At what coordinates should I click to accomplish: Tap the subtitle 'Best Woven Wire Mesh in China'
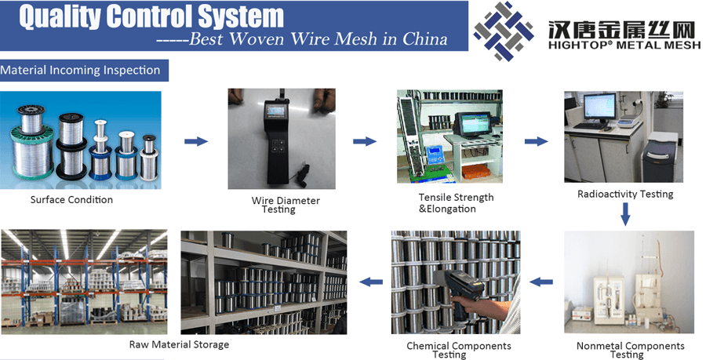[302, 39]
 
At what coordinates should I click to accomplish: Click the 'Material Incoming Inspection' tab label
[81, 71]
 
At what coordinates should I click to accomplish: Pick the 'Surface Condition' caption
[71, 200]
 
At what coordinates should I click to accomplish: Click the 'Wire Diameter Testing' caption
[286, 205]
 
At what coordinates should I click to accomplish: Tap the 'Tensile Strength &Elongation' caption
[456, 203]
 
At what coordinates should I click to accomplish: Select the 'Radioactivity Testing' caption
[625, 194]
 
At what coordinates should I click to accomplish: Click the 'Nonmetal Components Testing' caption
[630, 350]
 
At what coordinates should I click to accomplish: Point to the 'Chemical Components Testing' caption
[458, 350]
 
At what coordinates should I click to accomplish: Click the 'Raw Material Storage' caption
[179, 344]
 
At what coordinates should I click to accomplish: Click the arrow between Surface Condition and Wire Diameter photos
[195, 142]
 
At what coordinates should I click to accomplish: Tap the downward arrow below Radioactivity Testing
[626, 213]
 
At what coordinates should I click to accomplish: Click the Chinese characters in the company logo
[620, 30]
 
